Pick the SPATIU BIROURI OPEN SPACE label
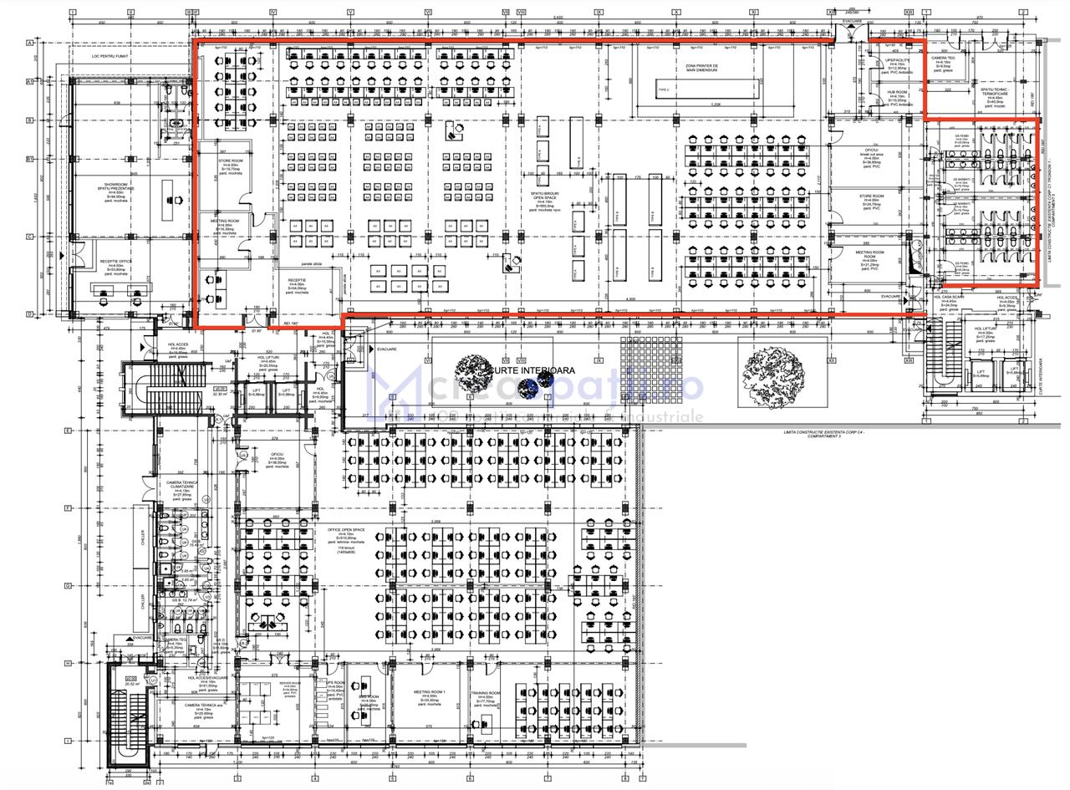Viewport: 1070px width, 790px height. click(544, 196)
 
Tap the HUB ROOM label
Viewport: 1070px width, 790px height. click(897, 93)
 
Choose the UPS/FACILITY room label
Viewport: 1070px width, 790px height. click(897, 61)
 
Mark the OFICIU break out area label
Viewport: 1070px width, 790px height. click(871, 152)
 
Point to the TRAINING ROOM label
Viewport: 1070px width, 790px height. click(485, 693)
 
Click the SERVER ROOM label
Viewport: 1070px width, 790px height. click(291, 684)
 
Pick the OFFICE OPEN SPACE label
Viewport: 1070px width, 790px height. click(346, 531)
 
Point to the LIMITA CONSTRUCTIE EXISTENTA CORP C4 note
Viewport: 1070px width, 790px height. click(825, 433)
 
